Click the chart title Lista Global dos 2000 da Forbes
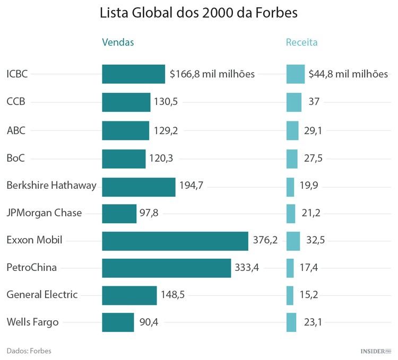[199, 13]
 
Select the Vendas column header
[118, 42]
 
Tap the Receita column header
[301, 42]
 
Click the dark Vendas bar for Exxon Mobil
[175, 241]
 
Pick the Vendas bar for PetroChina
[166, 268]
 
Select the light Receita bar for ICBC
[296, 74]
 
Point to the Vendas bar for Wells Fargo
[118, 322]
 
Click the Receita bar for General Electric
[290, 295]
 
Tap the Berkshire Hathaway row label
[51, 185]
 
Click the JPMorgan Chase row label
[44, 213]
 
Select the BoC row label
[16, 157]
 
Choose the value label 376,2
[265, 241]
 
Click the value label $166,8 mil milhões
[212, 74]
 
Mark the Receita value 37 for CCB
[314, 102]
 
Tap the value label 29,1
[313, 130]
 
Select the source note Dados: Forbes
[29, 350]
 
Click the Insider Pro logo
[375, 350]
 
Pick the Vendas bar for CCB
[126, 102]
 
